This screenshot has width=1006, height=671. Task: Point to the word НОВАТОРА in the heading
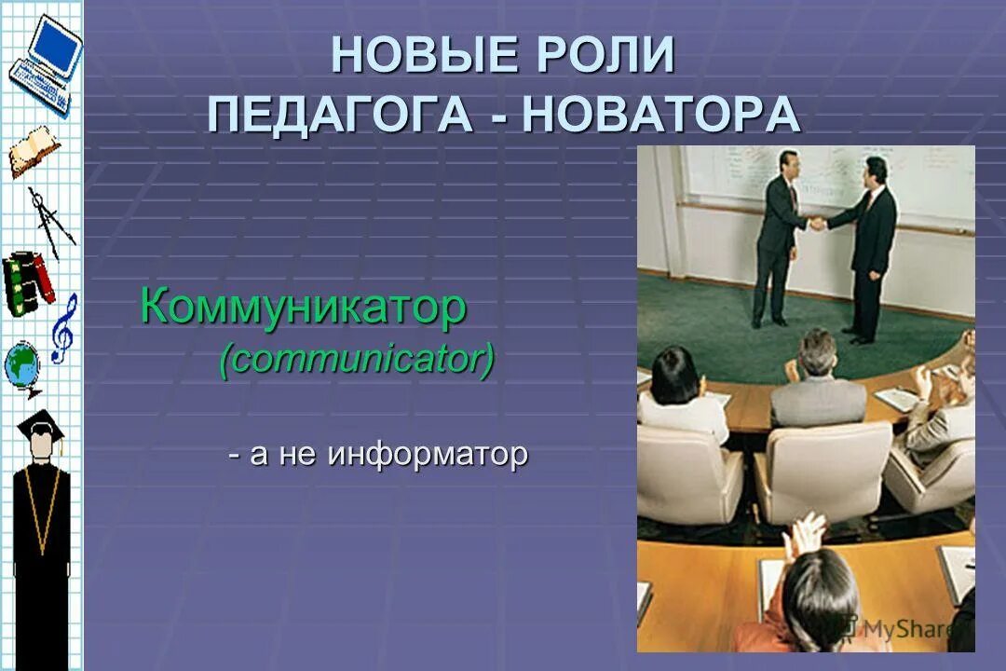pyautogui.click(x=661, y=115)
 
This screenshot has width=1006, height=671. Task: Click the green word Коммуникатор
pyautogui.click(x=303, y=307)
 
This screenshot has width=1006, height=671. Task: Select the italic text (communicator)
pyautogui.click(x=357, y=359)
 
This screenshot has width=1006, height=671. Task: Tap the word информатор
pyautogui.click(x=428, y=455)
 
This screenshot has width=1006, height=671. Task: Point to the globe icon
pyautogui.click(x=22, y=368)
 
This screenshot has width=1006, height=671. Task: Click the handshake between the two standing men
pyautogui.click(x=817, y=223)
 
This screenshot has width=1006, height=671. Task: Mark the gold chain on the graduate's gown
pyautogui.click(x=40, y=508)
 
